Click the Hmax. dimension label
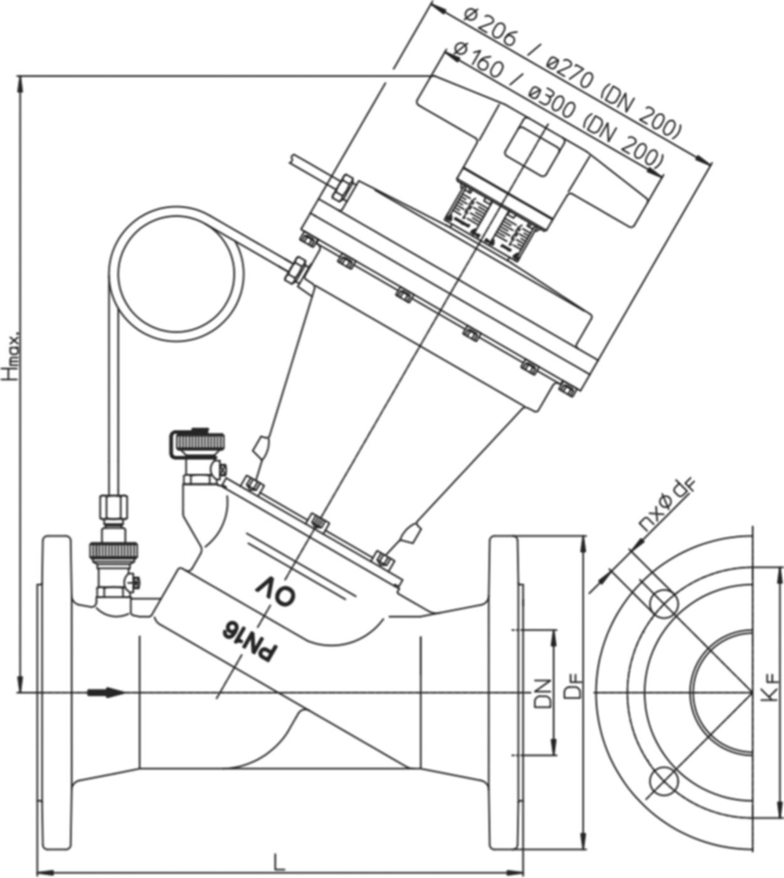pyautogui.click(x=12, y=354)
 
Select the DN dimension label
pyautogui.click(x=544, y=693)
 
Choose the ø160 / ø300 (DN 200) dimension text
pyautogui.click(x=555, y=107)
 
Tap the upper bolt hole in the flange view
pyautogui.click(x=664, y=602)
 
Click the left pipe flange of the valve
pyautogui.click(x=56, y=693)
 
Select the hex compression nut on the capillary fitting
pyautogui.click(x=114, y=505)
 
